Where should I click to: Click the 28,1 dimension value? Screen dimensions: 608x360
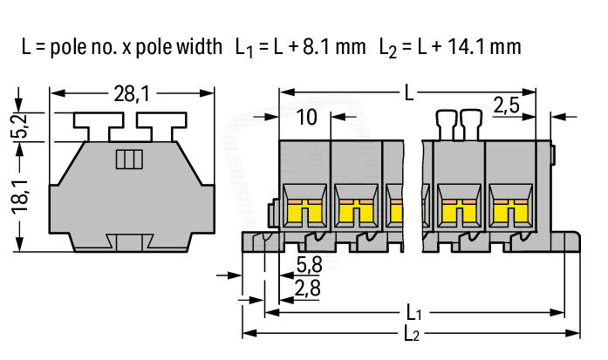pos(132,94)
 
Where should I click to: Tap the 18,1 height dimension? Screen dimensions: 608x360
pos(20,196)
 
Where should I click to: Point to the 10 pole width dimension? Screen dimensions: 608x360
pos(306,117)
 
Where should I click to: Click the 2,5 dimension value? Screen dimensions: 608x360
pos(507,105)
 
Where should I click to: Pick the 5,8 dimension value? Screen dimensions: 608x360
pos(309,265)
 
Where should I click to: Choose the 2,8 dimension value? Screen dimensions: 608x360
pos(308,289)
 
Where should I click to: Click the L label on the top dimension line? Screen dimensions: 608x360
pos(409,93)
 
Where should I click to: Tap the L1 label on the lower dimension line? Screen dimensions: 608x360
pos(413,312)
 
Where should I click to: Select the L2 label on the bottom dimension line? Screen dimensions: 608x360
pos(412,333)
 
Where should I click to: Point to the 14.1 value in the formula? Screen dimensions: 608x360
pos(467,46)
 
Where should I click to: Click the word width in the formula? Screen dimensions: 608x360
pos(200,46)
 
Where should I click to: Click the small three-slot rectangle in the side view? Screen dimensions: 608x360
pos(129,160)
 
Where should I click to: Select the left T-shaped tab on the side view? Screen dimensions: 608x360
pos(99,126)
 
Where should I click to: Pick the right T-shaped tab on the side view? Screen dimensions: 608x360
pos(161,126)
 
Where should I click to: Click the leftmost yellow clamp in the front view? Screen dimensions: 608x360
pos(304,214)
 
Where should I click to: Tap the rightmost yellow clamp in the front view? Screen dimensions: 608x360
pos(510,214)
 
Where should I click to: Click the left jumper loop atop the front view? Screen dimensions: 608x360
pos(447,125)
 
